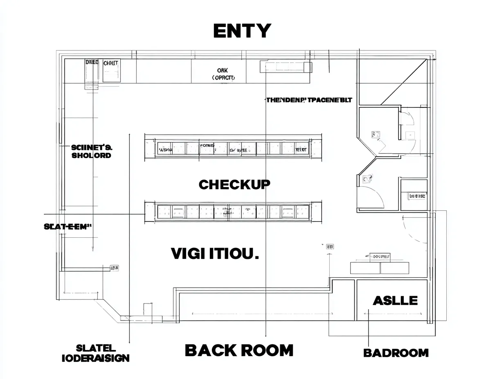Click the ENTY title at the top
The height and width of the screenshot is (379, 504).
coord(242,31)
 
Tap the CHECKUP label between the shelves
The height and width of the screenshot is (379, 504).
coord(234,185)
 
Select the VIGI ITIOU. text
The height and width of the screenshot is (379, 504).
coord(215,254)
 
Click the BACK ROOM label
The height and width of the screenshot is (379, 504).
coord(239,350)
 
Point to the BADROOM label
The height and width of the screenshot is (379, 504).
coord(396,352)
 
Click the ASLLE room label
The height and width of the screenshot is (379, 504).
coord(395,301)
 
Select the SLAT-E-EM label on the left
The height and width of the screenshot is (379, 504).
coord(67,227)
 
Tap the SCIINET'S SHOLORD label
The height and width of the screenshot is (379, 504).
coord(92,152)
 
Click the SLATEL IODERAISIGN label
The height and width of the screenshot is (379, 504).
coord(96,353)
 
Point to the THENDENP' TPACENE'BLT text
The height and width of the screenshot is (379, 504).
coord(309,100)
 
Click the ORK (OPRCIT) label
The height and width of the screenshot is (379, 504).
coord(223,74)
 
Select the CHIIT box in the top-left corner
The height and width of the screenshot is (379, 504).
coord(111,70)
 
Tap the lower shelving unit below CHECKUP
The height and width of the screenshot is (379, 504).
coord(233,212)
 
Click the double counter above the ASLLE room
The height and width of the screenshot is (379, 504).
coord(380,268)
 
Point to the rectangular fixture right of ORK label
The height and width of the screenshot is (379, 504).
coord(286,67)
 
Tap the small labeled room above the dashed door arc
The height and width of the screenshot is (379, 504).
coord(414,195)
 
